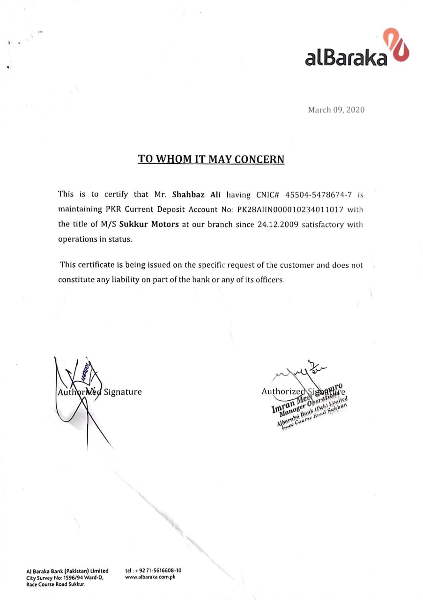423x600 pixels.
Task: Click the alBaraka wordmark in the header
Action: [346, 57]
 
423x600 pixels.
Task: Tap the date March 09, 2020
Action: [336, 110]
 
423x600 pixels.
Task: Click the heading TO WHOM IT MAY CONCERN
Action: [211, 159]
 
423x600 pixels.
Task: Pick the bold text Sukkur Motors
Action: [149, 224]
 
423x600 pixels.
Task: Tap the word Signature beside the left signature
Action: [122, 392]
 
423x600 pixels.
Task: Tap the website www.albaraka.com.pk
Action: [150, 577]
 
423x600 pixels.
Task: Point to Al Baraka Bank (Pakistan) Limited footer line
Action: [67, 570]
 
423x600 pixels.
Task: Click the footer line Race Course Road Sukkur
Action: [56, 584]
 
